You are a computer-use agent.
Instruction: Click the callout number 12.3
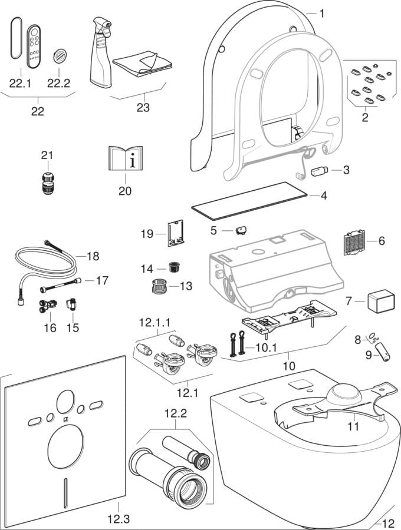pyautogui.click(x=117, y=519)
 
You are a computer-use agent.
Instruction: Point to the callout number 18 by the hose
pyautogui.click(x=93, y=256)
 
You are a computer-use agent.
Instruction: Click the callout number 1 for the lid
pyautogui.click(x=322, y=12)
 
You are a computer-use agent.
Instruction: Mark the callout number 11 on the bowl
pyautogui.click(x=353, y=427)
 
